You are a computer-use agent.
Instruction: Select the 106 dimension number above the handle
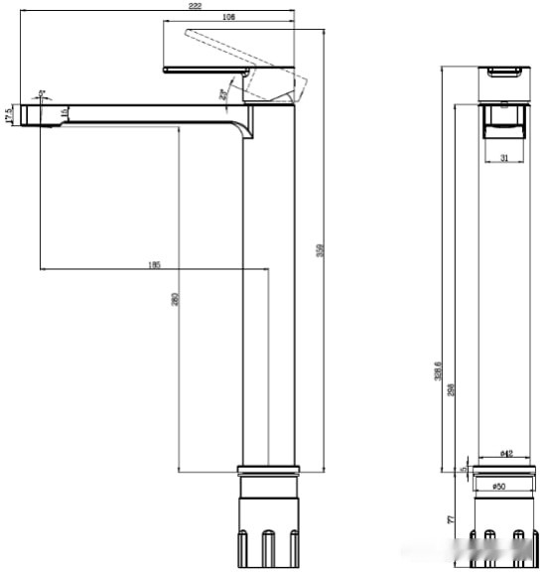click(x=228, y=18)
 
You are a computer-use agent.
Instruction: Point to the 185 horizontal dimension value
click(x=154, y=264)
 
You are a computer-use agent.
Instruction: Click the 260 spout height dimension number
click(x=175, y=298)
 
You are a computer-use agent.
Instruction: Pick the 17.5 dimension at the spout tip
click(x=9, y=115)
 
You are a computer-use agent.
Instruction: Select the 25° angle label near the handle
click(x=223, y=94)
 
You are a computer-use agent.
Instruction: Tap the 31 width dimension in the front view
click(x=503, y=158)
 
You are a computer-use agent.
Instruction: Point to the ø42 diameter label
click(x=504, y=454)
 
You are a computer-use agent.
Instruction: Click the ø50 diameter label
click(x=500, y=486)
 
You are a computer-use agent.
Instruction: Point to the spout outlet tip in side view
click(x=40, y=117)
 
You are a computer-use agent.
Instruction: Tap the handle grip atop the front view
click(x=503, y=72)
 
